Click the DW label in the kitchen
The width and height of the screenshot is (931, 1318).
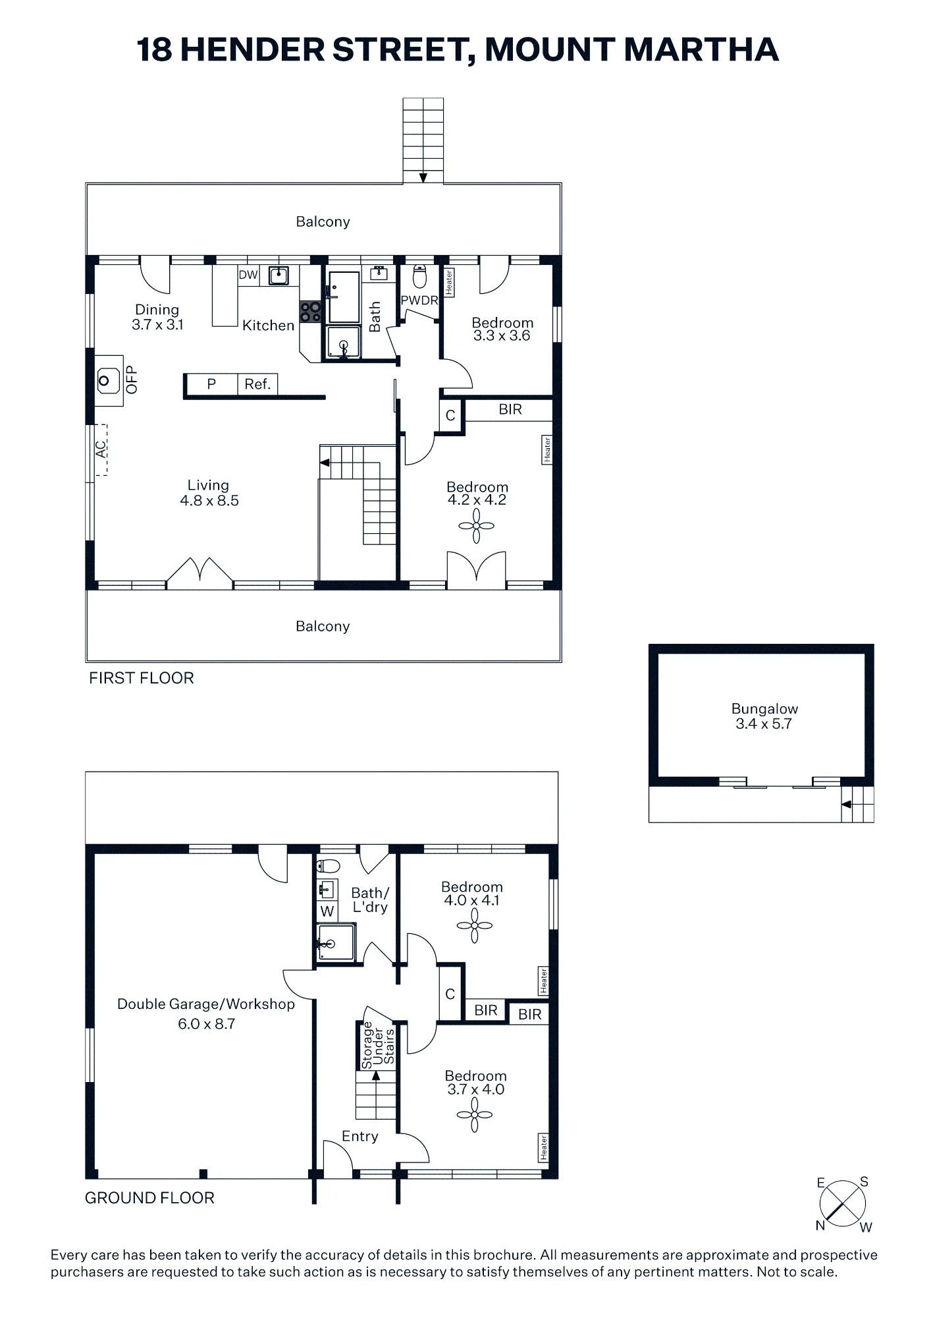[248, 275]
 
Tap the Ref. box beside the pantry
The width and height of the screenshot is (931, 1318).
[257, 384]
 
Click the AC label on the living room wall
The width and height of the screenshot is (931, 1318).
[101, 449]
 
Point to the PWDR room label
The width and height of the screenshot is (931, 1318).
[419, 301]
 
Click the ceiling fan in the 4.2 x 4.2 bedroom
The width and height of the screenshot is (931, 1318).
[477, 526]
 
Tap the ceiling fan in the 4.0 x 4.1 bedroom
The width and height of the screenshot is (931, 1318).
[474, 925]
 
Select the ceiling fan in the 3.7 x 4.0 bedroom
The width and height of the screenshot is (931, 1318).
[474, 1115]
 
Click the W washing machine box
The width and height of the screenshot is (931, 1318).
[327, 911]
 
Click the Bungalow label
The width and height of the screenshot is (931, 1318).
[764, 709]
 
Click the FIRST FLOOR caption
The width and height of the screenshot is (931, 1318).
[142, 678]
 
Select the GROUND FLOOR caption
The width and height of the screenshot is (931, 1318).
[150, 1198]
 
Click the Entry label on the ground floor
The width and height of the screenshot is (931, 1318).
[360, 1136]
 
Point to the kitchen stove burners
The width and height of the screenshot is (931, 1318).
[311, 312]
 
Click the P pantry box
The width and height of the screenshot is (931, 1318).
[211, 384]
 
